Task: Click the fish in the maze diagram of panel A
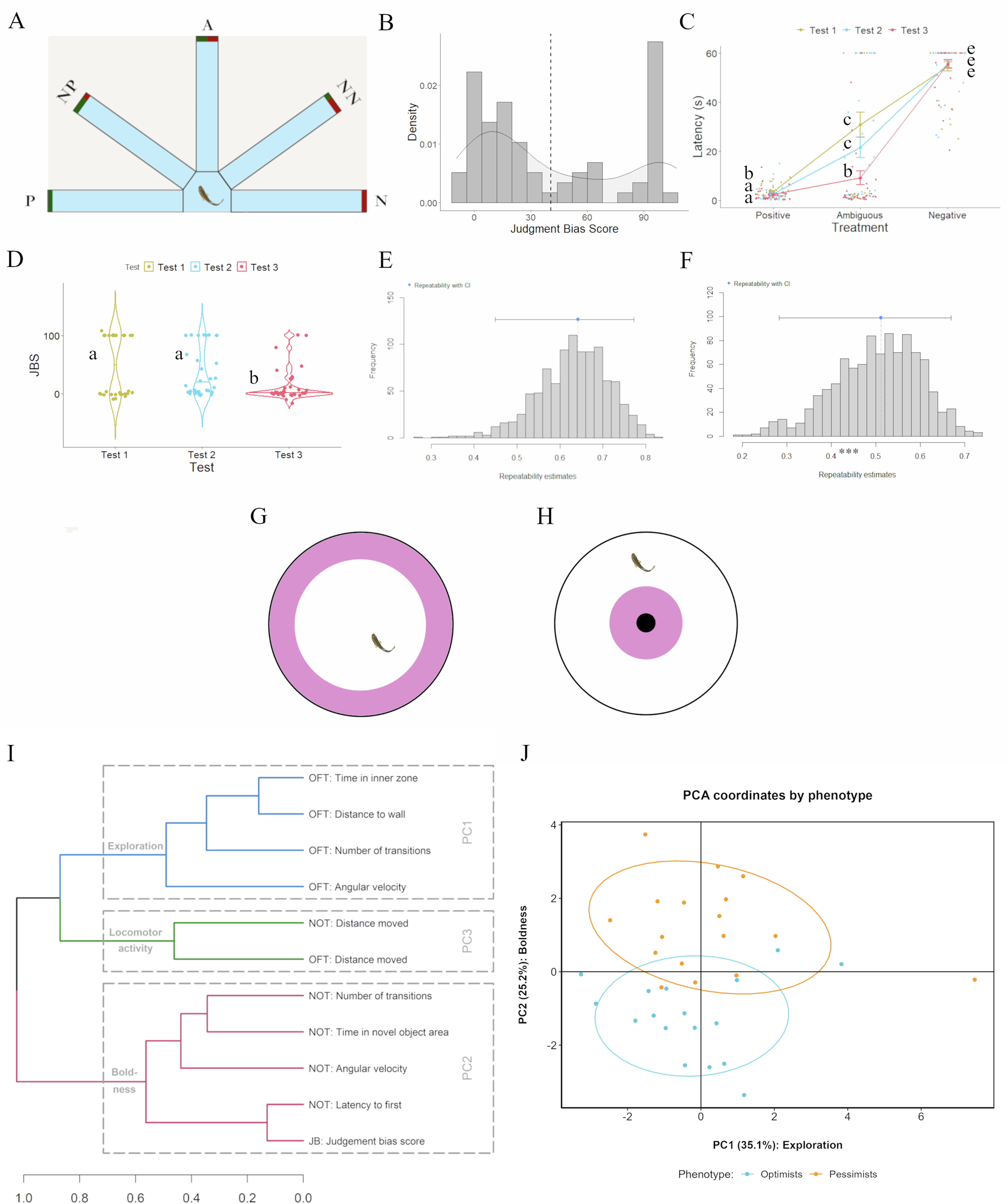[x=210, y=196]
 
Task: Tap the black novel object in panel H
[x=646, y=623]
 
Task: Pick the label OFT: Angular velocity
[x=357, y=887]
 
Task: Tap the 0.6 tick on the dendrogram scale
[x=135, y=1197]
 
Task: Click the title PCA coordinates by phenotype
[x=777, y=795]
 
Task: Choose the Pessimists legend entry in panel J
[x=852, y=1174]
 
